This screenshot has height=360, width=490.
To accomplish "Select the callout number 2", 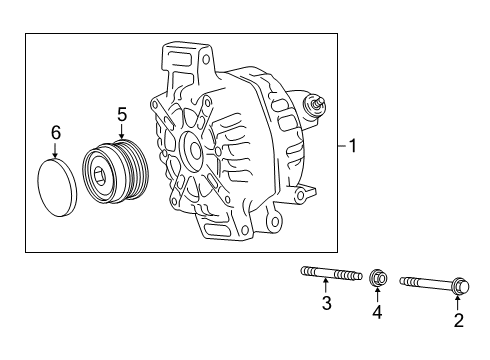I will (459, 320).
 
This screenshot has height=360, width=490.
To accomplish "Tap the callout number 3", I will (326, 303).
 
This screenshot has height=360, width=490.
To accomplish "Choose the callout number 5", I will (121, 115).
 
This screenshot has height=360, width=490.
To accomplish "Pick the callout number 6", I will (56, 132).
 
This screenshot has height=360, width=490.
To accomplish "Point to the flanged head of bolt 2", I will (455, 285).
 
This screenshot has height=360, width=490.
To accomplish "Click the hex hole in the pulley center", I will (101, 178).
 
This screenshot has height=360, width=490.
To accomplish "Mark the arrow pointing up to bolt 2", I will (456, 302).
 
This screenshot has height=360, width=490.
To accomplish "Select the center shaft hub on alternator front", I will (190, 147).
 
